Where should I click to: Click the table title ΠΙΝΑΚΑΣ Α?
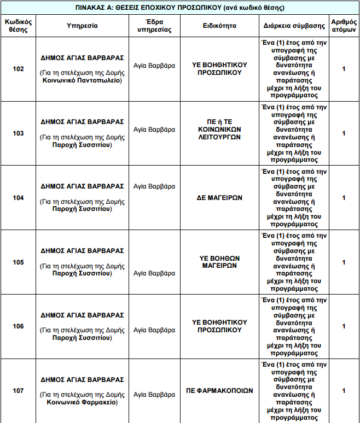pos(179,8)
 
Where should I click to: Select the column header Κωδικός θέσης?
pos(19,26)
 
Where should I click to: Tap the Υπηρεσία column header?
pos(82,26)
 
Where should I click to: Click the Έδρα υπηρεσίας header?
pos(155,26)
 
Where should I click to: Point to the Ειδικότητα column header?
pos(219,26)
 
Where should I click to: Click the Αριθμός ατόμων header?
pos(344,26)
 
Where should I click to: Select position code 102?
pos(19,69)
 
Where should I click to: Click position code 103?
pos(19,133)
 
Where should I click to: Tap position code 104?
pos(19,198)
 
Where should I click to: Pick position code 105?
pos(19,262)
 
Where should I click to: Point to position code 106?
pos(19,326)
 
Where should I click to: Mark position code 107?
pos(19,391)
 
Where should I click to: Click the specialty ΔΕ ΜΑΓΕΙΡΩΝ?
pos(219,198)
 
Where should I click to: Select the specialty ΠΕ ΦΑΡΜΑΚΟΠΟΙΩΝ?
pos(219,391)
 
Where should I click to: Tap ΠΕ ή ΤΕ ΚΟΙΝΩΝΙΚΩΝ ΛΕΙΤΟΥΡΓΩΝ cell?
pos(219,133)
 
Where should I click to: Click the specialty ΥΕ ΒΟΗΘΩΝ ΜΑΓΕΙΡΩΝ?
pos(219,262)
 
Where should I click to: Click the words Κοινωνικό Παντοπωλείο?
pos(82,80)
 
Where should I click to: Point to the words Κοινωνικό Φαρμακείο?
pos(82,403)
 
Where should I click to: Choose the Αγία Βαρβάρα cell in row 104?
pos(154,186)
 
